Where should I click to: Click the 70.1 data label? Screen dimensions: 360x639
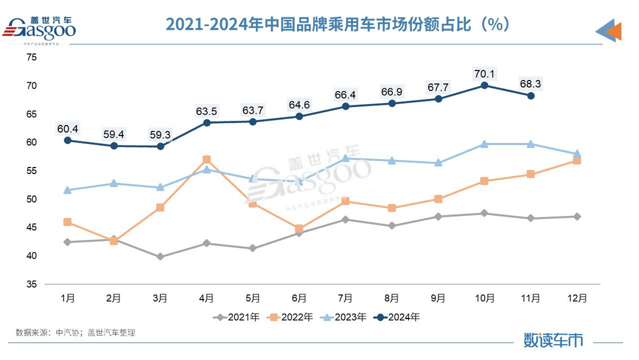(x=485, y=74)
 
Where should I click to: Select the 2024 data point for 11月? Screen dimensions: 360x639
(x=531, y=96)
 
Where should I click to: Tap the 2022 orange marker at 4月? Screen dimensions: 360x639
(x=206, y=160)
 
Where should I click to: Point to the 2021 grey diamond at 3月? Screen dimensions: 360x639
(x=160, y=257)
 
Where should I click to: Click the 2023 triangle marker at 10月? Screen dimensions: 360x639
(x=485, y=144)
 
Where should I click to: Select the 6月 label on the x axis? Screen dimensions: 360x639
(x=299, y=298)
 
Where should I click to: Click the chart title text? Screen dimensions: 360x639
(x=337, y=24)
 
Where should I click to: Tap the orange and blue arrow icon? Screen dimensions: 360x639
(x=609, y=31)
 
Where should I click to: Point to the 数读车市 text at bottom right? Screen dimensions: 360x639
(x=553, y=339)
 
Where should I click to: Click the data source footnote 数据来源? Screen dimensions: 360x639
(x=75, y=333)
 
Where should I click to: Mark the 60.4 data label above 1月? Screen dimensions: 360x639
(x=67, y=128)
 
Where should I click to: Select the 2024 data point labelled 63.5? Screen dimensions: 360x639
(x=206, y=123)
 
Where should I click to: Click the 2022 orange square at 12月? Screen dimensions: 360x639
(x=577, y=160)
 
